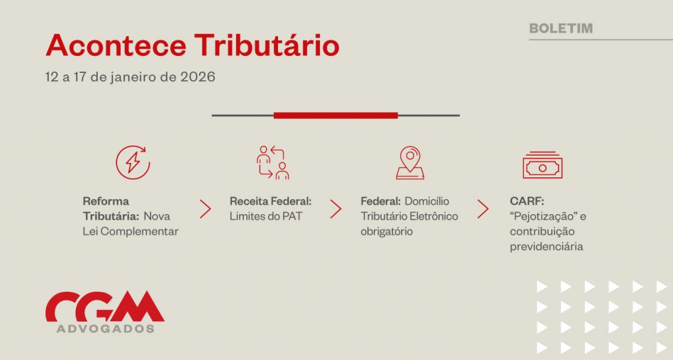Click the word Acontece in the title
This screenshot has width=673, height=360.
point(116,45)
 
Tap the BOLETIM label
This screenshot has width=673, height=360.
point(561,28)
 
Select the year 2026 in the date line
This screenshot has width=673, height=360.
point(198,78)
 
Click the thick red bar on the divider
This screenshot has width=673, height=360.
point(336,116)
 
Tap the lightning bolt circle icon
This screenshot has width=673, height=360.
point(133,162)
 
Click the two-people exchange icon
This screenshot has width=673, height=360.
point(273,162)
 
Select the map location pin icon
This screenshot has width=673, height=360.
point(410,163)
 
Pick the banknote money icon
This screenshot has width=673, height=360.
point(542,165)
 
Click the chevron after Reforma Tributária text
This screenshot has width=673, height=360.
point(206,209)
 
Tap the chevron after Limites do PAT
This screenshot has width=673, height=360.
point(336,209)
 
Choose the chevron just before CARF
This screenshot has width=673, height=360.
point(483,209)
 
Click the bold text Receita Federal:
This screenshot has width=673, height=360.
point(270,201)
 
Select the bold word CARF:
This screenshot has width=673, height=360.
point(526,201)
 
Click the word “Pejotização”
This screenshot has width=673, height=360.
point(542,216)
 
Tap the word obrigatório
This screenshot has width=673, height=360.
point(386,231)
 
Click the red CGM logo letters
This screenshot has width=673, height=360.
point(104,306)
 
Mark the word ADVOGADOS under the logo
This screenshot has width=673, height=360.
point(106,328)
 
